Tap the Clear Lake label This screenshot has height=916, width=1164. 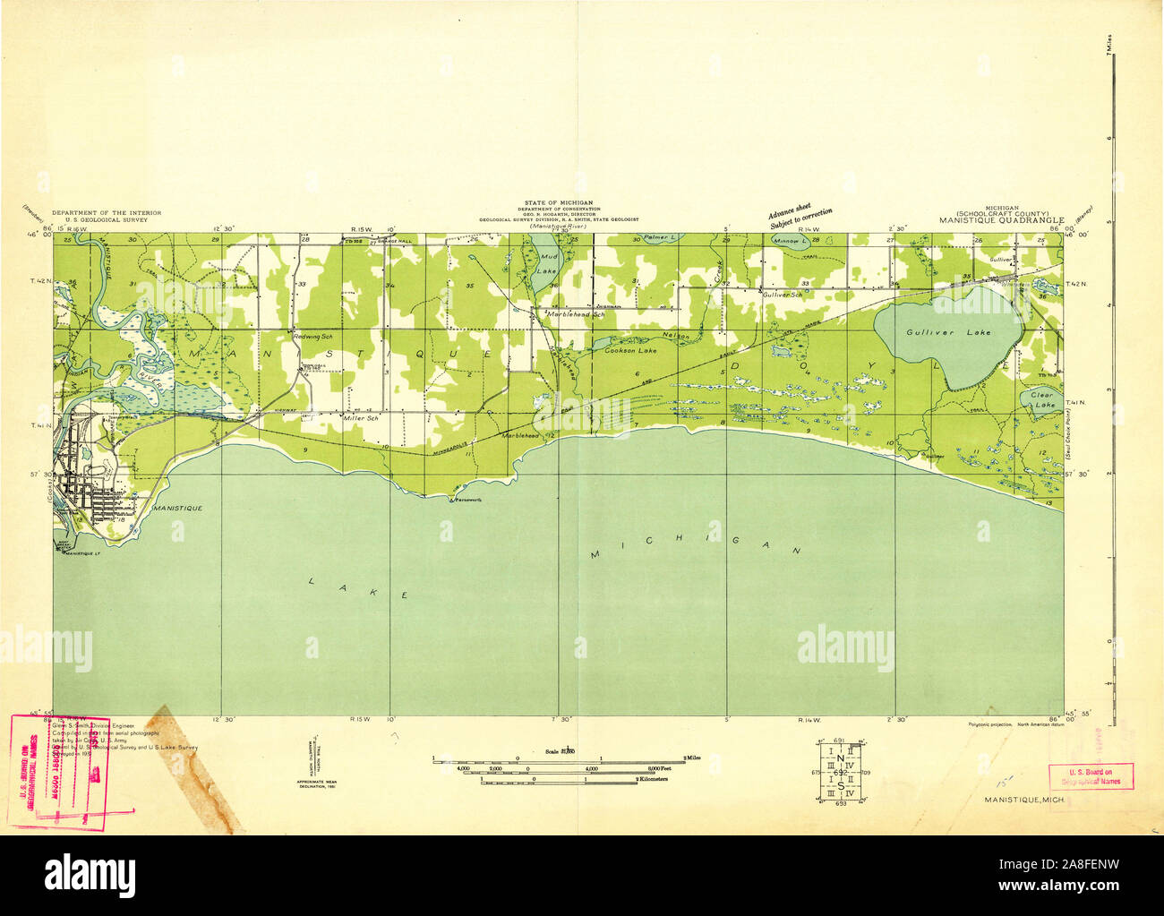tap(1041, 398)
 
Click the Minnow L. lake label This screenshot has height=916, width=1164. tap(791, 242)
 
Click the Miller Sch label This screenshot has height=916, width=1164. tap(361, 418)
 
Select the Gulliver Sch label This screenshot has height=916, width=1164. tap(781, 294)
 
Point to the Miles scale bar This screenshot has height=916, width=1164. tap(559, 759)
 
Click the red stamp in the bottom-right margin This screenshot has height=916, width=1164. tap(1091, 775)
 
